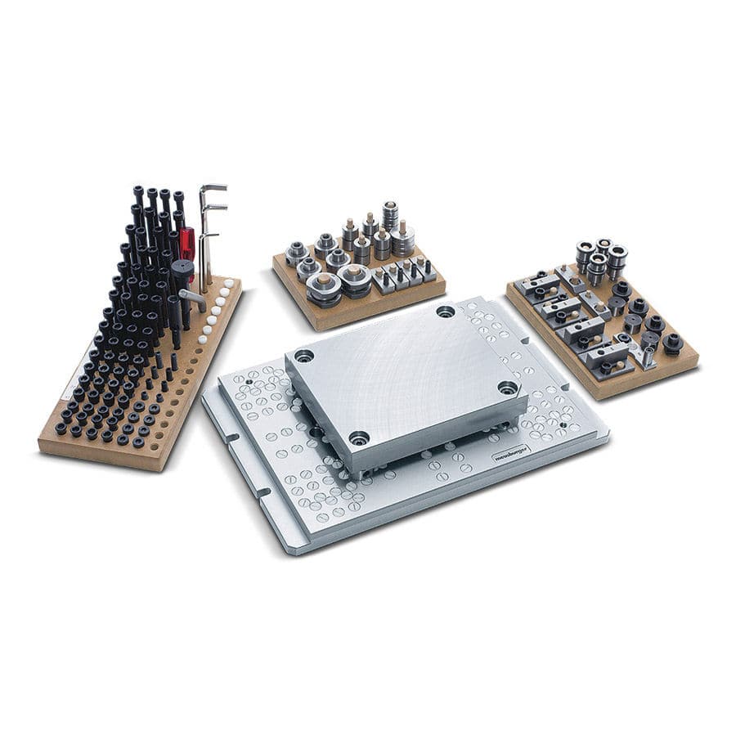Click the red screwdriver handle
187,244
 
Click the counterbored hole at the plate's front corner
359,438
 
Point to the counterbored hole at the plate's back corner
445,312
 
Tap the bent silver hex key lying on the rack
193,298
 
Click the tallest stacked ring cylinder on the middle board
391,214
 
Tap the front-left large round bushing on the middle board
325,287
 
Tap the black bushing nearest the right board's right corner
672,343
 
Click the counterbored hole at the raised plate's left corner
304,357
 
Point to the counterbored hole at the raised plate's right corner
507,388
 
